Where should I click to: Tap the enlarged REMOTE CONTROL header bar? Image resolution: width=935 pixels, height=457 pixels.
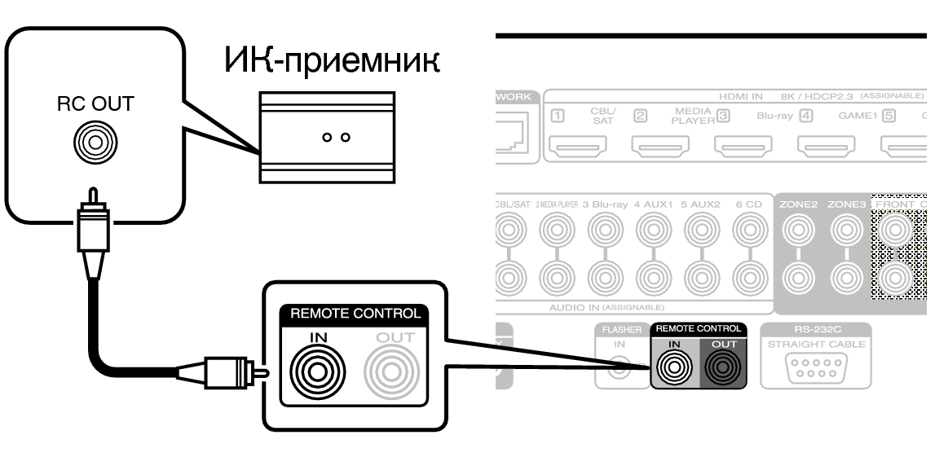click(x=353, y=311)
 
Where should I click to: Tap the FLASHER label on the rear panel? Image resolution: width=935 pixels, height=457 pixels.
click(x=620, y=330)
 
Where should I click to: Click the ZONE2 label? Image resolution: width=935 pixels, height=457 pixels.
click(x=800, y=204)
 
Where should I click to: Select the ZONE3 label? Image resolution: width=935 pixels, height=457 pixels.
click(x=847, y=204)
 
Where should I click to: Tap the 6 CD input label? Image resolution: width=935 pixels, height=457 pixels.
click(x=748, y=204)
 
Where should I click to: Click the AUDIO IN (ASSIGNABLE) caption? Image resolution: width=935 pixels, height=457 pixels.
click(x=607, y=306)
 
